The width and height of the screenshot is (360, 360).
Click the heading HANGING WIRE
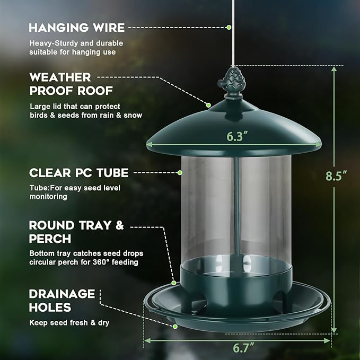[x=77, y=28]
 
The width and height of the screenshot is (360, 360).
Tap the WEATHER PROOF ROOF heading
[x=60, y=84]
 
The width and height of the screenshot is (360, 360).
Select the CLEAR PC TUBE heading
[x=78, y=173]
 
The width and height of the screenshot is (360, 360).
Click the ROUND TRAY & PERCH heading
[x=76, y=232]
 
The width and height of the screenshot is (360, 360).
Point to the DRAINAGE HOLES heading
[x=62, y=300]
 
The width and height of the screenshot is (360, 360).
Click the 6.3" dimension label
[x=238, y=136]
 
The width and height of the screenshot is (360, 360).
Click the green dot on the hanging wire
[x=229, y=27]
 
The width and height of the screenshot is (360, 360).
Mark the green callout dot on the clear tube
[x=180, y=172]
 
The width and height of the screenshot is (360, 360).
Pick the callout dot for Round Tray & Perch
[x=173, y=284]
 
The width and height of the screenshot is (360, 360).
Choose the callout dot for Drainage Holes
[x=174, y=326]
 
